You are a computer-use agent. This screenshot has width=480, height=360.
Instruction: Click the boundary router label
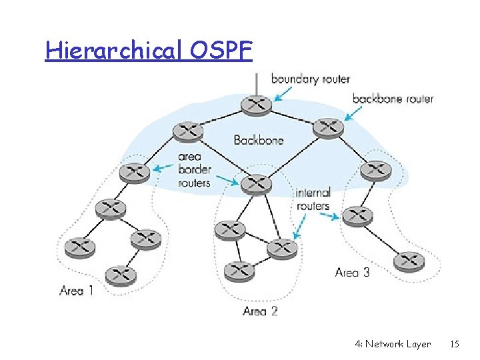click(x=310, y=79)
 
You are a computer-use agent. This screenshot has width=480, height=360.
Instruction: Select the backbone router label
click(x=393, y=99)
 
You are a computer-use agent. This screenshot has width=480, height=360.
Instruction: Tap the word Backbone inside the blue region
click(x=259, y=140)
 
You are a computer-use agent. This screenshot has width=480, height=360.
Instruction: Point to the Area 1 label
click(x=77, y=290)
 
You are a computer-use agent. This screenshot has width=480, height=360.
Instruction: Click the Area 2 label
click(x=260, y=311)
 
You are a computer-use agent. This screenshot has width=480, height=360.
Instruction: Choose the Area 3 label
click(x=352, y=272)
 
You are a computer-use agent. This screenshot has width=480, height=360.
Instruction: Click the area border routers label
click(x=193, y=170)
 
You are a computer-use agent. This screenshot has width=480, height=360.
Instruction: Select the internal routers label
click(x=313, y=199)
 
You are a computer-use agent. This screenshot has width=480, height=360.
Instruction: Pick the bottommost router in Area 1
click(x=121, y=273)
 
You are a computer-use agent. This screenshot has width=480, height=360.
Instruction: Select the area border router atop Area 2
click(x=256, y=183)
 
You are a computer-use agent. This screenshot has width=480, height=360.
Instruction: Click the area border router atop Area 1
click(x=134, y=172)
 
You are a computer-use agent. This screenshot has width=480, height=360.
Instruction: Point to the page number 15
click(x=455, y=344)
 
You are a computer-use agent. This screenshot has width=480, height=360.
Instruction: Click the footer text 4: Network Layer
click(x=393, y=344)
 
